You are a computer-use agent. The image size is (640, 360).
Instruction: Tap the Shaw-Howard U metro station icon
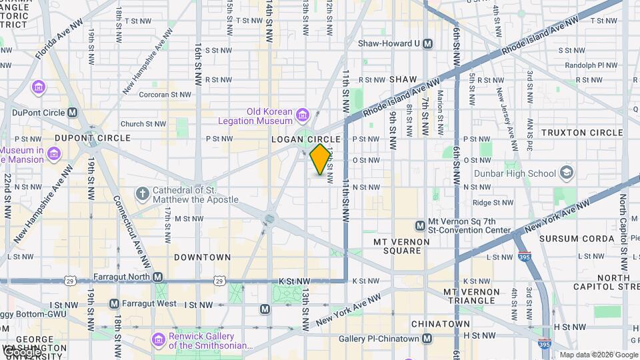pyautogui.click(x=428, y=43)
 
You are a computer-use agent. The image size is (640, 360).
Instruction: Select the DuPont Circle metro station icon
pyautogui.click(x=72, y=113)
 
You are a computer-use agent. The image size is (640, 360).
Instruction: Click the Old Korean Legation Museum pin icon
pyautogui.click(x=302, y=115)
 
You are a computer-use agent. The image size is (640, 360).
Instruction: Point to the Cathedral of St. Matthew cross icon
pyautogui.click(x=141, y=194)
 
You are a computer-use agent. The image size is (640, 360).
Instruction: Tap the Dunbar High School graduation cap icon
pyautogui.click(x=566, y=173)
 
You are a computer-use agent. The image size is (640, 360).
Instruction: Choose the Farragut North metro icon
pyautogui.click(x=157, y=277)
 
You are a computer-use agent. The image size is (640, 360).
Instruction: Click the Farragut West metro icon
pyautogui.click(x=114, y=304)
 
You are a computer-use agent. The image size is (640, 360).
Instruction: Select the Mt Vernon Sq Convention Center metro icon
pyautogui.click(x=420, y=226)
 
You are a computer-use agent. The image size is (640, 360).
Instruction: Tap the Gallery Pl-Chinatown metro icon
pyautogui.click(x=427, y=339)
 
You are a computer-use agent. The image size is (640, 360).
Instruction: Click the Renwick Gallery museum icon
pyautogui.click(x=159, y=340)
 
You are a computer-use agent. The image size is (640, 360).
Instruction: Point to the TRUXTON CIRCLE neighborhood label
pyautogui.click(x=582, y=133)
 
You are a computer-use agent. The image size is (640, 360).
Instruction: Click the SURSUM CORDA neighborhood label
pyautogui.click(x=577, y=238)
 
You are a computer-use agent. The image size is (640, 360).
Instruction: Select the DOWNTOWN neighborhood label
pyautogui.click(x=202, y=257)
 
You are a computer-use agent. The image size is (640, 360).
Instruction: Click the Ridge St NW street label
pyautogui.click(x=491, y=203)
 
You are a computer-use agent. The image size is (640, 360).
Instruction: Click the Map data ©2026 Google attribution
pyautogui.click(x=598, y=355)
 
